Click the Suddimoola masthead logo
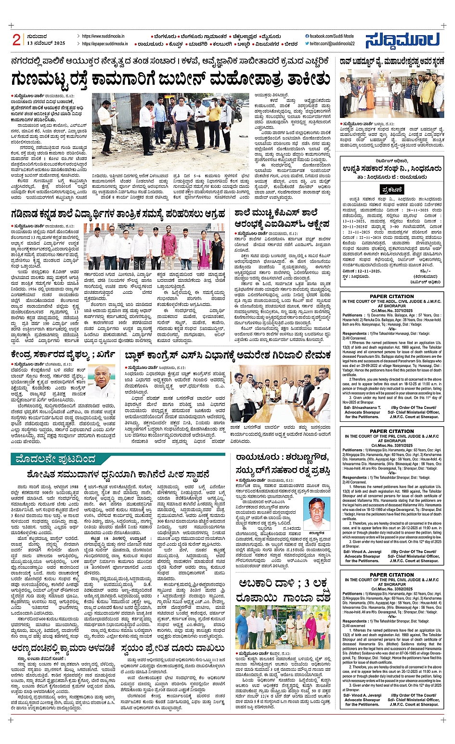click(x=402, y=40)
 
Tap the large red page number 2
click(x=16, y=40)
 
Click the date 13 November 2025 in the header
click(x=46, y=43)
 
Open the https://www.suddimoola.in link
click(x=103, y=36)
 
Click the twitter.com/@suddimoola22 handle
click(x=332, y=43)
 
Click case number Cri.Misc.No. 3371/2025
click(x=392, y=311)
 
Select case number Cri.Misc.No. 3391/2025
click(x=392, y=445)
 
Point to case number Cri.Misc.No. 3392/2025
click(x=392, y=589)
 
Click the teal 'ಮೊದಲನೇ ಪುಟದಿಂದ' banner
click(x=55, y=458)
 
